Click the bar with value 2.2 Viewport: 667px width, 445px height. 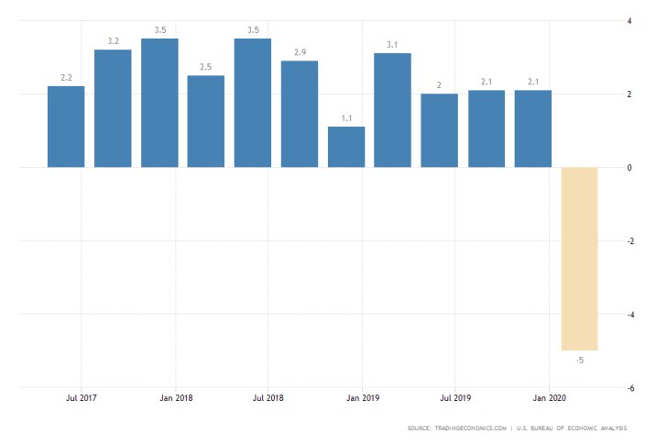tap(66, 127)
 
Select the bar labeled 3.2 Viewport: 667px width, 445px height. tap(113, 108)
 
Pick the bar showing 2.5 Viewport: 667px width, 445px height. tap(206, 121)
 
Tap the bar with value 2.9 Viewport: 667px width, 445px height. tap(300, 114)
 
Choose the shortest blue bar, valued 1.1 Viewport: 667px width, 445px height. tap(346, 147)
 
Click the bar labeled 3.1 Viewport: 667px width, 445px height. tap(393, 110)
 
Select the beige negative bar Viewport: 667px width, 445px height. tap(579, 259)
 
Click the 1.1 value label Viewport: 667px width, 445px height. tap(346, 118)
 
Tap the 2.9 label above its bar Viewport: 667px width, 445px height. tap(300, 52)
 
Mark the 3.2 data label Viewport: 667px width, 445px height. tap(113, 41)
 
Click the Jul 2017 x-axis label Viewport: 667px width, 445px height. tap(82, 398)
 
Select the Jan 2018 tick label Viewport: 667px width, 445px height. tap(175, 398)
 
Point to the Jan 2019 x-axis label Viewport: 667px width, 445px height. tap(362, 398)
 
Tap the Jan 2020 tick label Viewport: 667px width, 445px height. tap(549, 398)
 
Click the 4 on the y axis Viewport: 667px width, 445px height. tap(629, 20)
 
